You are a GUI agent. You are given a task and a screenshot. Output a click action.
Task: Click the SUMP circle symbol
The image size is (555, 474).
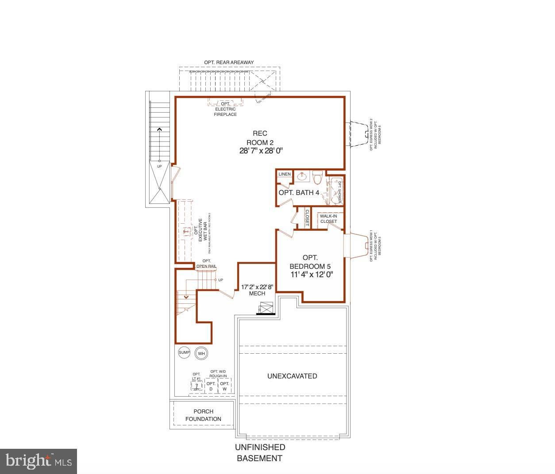tap(184, 352)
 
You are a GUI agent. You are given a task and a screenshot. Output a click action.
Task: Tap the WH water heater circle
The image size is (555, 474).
tap(201, 353)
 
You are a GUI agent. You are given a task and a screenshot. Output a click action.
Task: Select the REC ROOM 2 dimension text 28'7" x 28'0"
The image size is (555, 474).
tap(260, 151)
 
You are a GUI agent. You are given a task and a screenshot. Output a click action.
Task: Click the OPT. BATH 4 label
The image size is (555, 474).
tap(299, 193)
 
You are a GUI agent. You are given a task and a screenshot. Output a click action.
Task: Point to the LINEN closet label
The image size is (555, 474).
tap(285, 174)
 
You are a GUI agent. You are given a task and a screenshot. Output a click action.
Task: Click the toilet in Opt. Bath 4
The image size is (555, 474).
tap(317, 178)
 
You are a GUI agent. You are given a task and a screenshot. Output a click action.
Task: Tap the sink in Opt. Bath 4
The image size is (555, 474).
tap(303, 177)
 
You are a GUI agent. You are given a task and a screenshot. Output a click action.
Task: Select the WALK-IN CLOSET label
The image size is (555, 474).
tap(328, 219)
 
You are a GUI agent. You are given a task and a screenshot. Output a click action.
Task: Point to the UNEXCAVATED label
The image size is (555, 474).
tap(292, 376)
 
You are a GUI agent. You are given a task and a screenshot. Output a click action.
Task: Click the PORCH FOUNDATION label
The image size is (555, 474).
tap(203, 415)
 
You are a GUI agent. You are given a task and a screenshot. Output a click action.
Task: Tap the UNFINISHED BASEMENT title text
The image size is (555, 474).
tap(260, 453)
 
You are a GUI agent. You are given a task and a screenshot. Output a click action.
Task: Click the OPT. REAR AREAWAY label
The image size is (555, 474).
tap(229, 62)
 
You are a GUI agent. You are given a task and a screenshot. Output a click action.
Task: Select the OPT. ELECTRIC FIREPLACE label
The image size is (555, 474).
tap(226, 109)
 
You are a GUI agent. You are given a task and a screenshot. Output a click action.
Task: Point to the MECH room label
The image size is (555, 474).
tap(257, 294)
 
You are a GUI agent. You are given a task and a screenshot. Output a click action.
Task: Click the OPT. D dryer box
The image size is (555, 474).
tap(211, 386)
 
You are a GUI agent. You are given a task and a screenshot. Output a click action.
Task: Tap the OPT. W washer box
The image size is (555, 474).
tap(225, 386)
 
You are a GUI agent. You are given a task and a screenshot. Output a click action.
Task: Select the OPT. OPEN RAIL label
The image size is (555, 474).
tap(206, 264)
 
